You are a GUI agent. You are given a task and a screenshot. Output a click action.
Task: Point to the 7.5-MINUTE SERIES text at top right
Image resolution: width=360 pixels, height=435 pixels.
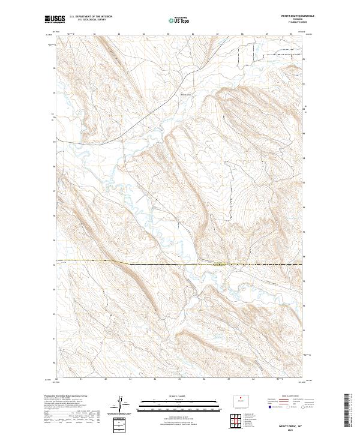[290, 23]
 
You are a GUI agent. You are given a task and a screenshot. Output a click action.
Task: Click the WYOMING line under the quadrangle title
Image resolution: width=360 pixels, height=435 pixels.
[290, 20]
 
